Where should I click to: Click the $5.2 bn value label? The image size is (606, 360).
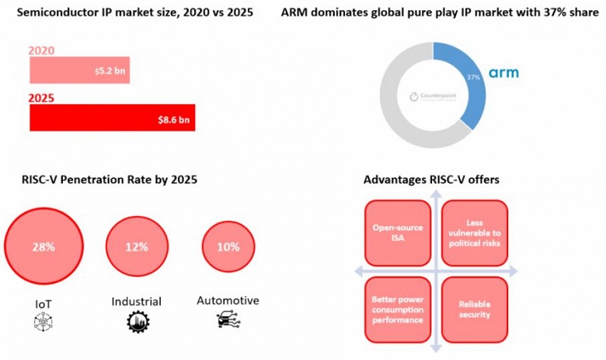point(109,71)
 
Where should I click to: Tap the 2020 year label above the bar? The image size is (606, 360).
point(40,51)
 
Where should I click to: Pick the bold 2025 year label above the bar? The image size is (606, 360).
point(41,99)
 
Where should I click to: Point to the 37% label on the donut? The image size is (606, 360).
point(473,79)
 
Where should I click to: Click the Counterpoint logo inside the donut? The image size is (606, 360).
point(433,97)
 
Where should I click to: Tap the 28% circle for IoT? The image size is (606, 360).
point(44,246)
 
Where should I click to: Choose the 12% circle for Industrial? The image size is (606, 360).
point(136,246)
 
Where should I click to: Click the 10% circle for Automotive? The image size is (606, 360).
point(228,246)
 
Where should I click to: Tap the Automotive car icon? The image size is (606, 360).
point(228,320)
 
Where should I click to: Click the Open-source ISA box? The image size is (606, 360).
point(396,233)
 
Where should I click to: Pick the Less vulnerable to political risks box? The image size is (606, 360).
point(474,233)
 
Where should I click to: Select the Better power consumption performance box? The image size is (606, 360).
point(396,309)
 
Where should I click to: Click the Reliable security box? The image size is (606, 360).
point(474,309)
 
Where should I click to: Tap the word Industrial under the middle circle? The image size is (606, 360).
point(136,301)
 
